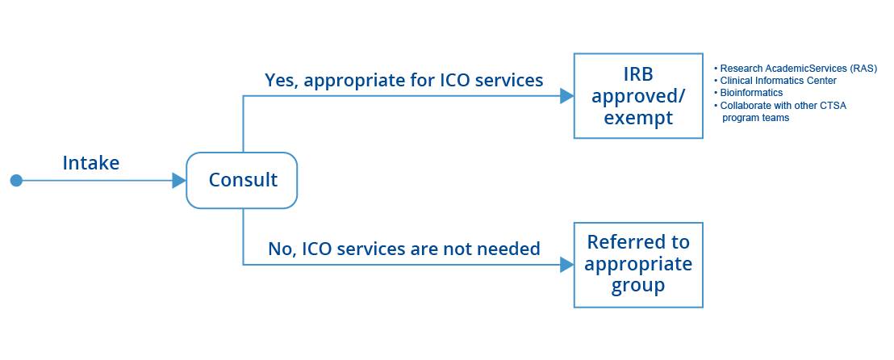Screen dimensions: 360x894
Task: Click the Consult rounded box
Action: [x=242, y=180]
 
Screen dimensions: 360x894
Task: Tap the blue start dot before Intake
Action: [x=16, y=180]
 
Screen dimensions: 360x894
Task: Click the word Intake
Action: [x=91, y=162]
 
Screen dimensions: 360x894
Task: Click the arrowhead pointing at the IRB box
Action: [x=566, y=96]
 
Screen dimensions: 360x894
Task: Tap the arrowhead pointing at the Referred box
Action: [x=566, y=264]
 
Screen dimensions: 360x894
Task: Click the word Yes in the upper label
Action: [x=280, y=81]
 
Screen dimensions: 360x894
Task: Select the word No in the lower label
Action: [x=282, y=249]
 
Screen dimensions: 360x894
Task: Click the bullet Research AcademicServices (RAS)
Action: [x=798, y=68]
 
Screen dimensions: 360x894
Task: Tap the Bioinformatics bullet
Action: [x=751, y=93]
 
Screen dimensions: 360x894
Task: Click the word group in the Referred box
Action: [x=637, y=286]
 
